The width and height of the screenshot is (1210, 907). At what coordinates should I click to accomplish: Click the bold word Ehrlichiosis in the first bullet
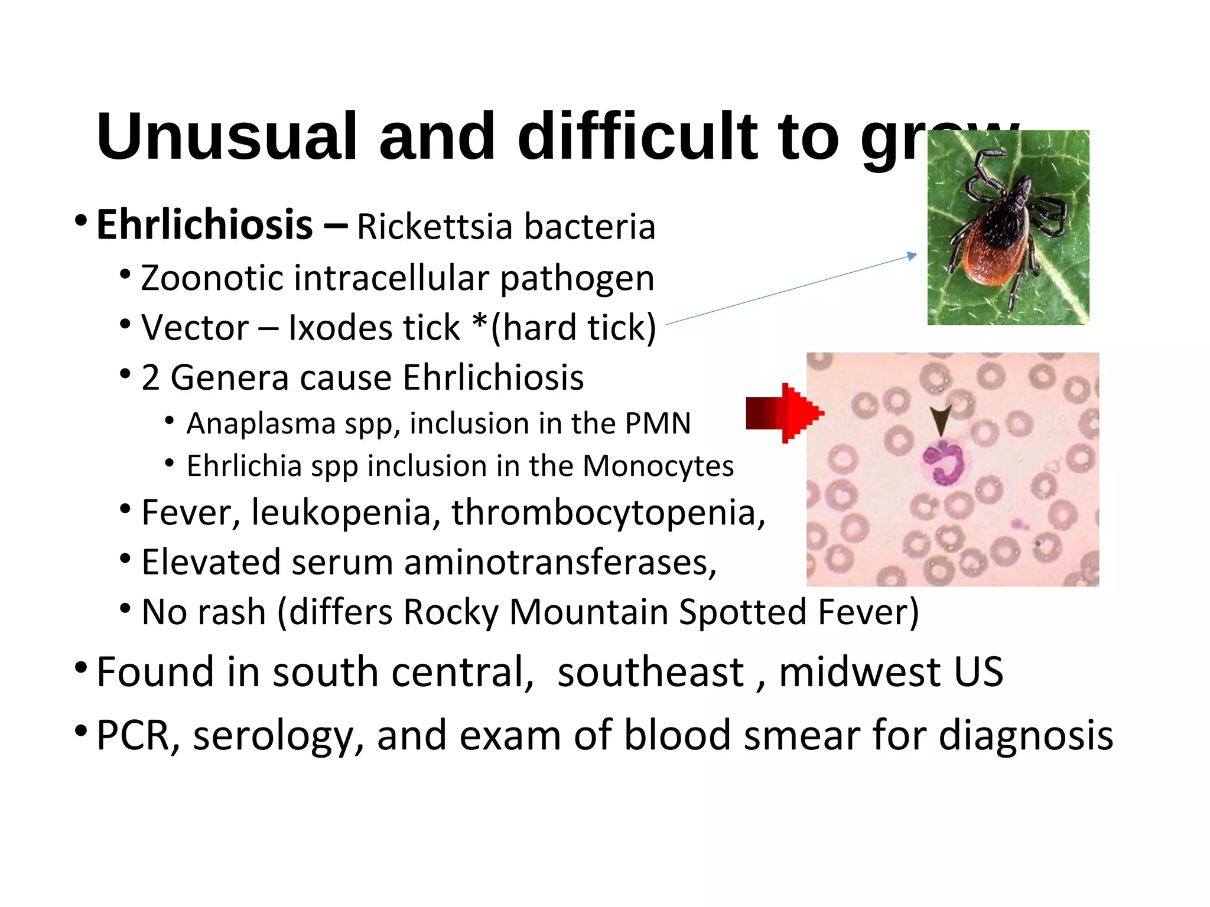tap(204, 225)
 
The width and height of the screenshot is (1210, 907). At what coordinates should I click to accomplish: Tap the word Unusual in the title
tap(227, 137)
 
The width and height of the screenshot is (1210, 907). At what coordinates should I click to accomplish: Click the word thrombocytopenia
tap(609, 512)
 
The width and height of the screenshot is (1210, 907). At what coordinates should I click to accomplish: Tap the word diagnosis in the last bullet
tap(1026, 735)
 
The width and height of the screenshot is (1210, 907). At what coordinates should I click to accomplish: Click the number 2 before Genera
tap(151, 378)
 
